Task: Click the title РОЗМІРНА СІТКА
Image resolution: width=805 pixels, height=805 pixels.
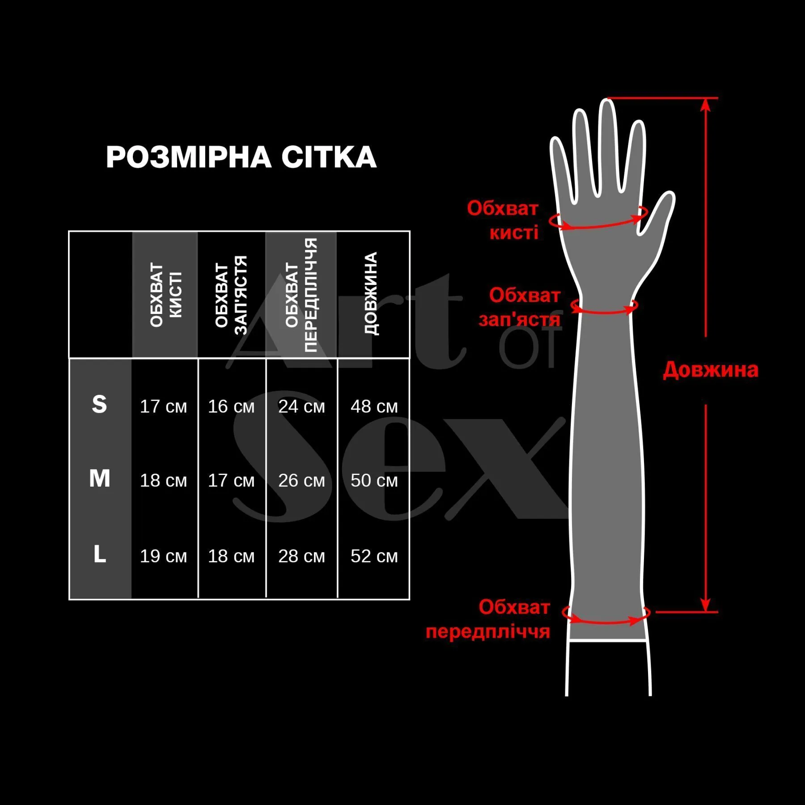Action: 241,157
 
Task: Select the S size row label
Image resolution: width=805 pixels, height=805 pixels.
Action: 99,404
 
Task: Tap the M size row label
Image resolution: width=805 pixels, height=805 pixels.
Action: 100,479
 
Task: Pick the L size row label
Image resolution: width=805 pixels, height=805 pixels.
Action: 100,554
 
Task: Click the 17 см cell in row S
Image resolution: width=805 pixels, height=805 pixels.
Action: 163,406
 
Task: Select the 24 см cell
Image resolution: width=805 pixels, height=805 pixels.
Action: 301,406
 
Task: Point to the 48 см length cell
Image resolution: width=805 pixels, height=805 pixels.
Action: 374,406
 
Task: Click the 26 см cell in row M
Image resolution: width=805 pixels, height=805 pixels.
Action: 301,480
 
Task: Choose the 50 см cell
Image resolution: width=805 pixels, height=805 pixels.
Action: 374,480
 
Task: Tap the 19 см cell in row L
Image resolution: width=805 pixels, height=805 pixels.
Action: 163,556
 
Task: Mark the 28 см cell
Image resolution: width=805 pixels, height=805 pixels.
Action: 301,556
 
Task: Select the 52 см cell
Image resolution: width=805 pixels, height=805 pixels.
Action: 374,556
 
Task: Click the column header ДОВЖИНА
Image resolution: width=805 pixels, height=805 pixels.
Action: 371,293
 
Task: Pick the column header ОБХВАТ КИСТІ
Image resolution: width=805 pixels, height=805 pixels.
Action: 166,295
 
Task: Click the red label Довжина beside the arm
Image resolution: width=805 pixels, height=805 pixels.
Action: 710,370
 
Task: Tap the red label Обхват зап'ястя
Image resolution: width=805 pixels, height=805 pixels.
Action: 520,307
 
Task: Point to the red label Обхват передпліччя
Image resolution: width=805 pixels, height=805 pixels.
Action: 488,619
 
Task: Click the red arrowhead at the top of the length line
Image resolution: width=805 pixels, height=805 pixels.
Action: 705,104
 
